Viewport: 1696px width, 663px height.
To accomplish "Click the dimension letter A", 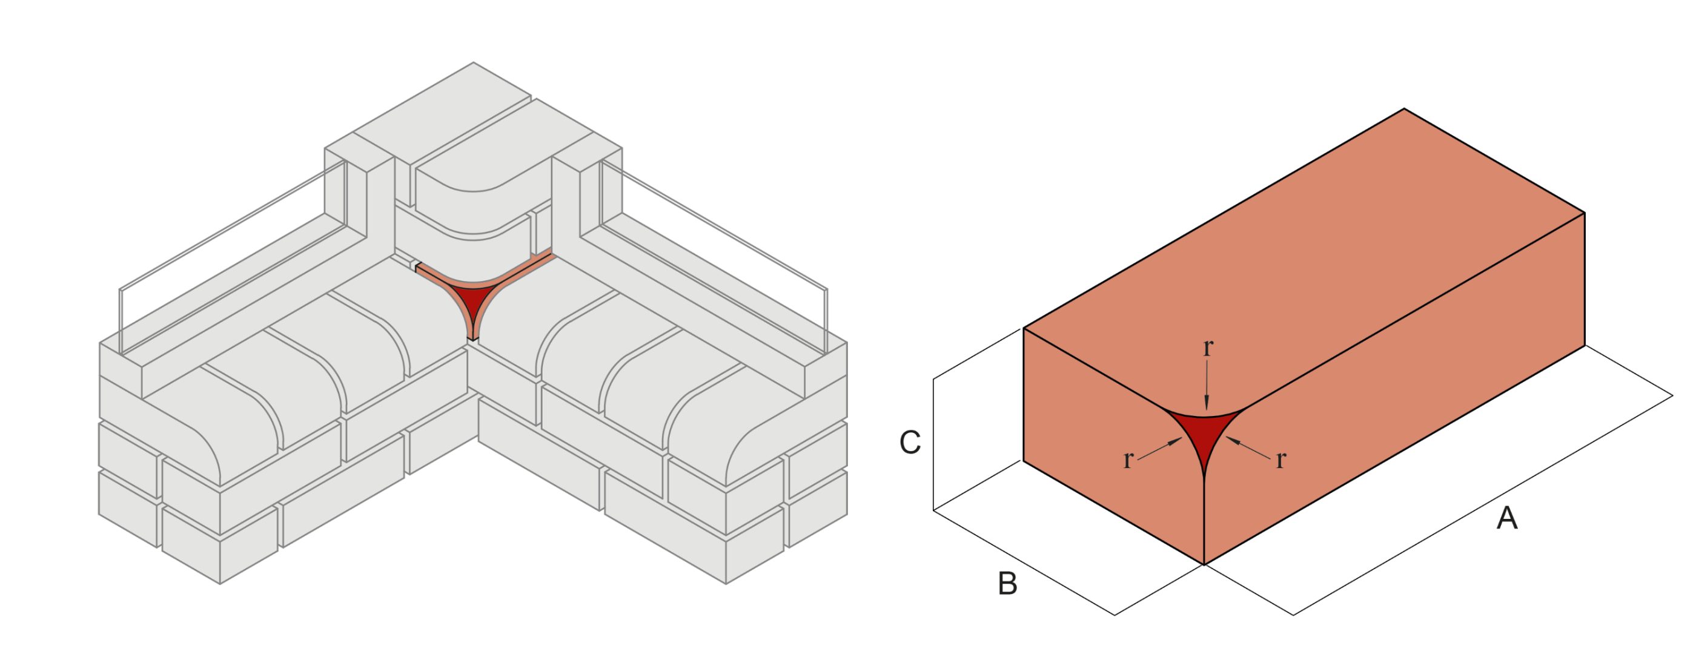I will click(x=1506, y=518).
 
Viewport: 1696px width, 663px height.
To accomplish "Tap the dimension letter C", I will click(x=910, y=443).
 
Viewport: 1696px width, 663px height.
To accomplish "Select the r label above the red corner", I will click(x=1207, y=347).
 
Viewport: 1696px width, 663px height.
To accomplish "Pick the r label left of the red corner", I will click(x=1128, y=460).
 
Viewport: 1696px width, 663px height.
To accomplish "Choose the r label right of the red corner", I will click(x=1280, y=460).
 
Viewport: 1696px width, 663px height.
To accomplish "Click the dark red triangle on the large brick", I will click(x=1204, y=435).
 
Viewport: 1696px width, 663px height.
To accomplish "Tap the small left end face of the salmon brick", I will click(x=1113, y=461).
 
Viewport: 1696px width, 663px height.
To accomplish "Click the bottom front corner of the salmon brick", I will click(x=1204, y=564).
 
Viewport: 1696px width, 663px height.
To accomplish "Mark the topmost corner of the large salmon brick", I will click(x=1404, y=110).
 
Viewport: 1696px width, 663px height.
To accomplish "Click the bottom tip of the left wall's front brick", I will click(x=220, y=582).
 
